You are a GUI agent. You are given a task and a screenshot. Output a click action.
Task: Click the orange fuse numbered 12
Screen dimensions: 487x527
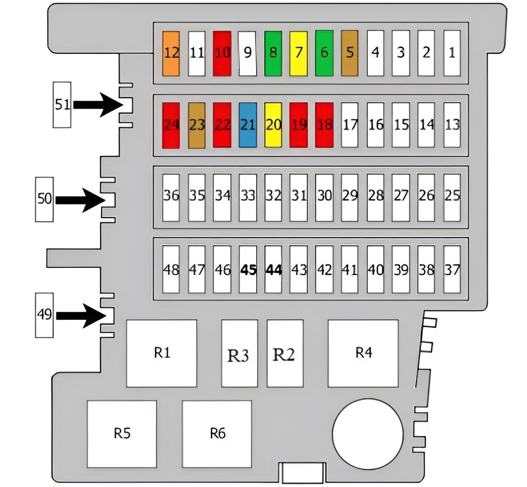point(171,53)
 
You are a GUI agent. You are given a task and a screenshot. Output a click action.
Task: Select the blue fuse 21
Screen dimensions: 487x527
point(248,125)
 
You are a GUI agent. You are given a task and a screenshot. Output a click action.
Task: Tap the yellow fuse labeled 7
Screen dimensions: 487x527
point(298,53)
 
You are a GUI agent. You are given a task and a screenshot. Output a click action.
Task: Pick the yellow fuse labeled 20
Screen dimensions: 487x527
point(273,125)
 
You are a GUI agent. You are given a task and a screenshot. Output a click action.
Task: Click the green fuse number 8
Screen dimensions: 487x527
point(273,53)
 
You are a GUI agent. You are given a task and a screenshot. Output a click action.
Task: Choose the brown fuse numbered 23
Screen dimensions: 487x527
point(197,125)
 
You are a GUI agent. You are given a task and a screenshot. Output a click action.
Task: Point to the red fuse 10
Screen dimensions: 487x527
point(222,53)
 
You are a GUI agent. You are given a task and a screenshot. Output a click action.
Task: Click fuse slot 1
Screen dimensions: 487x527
point(452,53)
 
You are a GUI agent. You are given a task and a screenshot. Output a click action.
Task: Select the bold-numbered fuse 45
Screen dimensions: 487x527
point(248,269)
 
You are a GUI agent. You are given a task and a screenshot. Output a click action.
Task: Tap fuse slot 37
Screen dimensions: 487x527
point(452,269)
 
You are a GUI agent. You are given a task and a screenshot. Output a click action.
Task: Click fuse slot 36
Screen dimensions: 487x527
point(171,196)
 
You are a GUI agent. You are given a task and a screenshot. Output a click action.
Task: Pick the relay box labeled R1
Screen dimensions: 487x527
point(162,353)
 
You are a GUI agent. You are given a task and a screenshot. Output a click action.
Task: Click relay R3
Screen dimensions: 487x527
point(238,353)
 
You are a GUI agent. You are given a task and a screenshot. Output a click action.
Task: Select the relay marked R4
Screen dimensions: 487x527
point(363,353)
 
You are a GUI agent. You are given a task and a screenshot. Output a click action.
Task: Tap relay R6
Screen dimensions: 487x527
point(217,434)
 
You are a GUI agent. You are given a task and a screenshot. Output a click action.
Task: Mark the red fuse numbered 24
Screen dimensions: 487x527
point(171,125)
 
